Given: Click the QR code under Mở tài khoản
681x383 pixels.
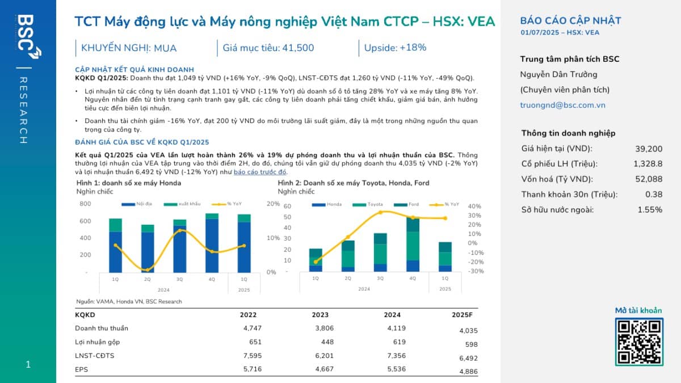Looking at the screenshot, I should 639,341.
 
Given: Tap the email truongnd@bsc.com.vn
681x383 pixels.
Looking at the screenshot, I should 563,105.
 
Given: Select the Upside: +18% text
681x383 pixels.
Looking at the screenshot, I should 395,48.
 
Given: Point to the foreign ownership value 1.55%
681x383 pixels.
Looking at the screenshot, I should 650,210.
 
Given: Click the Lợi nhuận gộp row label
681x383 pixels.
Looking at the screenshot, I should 98,342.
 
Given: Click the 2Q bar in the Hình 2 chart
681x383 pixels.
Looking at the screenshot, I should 348,256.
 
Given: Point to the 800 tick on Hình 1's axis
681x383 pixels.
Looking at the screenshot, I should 85,204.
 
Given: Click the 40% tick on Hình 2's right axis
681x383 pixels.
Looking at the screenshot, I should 474,207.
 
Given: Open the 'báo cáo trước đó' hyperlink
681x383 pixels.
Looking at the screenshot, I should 260,172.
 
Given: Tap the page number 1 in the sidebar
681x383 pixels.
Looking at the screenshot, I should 28,365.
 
